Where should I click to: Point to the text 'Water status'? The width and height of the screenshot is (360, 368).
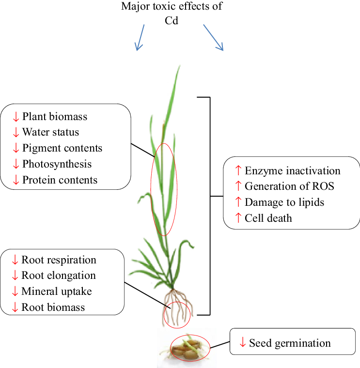[50, 132]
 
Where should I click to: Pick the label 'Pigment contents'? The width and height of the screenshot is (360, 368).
[62, 148]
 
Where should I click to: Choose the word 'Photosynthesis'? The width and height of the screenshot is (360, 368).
[57, 164]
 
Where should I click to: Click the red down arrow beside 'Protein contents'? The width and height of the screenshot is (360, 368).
[16, 180]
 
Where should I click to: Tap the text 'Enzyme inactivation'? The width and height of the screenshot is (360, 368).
[292, 170]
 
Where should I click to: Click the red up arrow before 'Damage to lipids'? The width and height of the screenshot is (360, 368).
[237, 202]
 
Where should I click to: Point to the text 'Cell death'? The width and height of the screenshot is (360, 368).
[268, 218]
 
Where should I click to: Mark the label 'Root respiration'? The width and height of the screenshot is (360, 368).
[59, 260]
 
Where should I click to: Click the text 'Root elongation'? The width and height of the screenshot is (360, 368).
[59, 276]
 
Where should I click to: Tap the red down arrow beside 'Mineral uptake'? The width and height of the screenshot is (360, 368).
[15, 291]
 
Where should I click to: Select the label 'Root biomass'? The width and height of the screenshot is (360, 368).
[53, 307]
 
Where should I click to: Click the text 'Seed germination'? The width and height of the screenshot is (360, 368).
[290, 343]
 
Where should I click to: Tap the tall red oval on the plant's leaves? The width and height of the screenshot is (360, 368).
[164, 189]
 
